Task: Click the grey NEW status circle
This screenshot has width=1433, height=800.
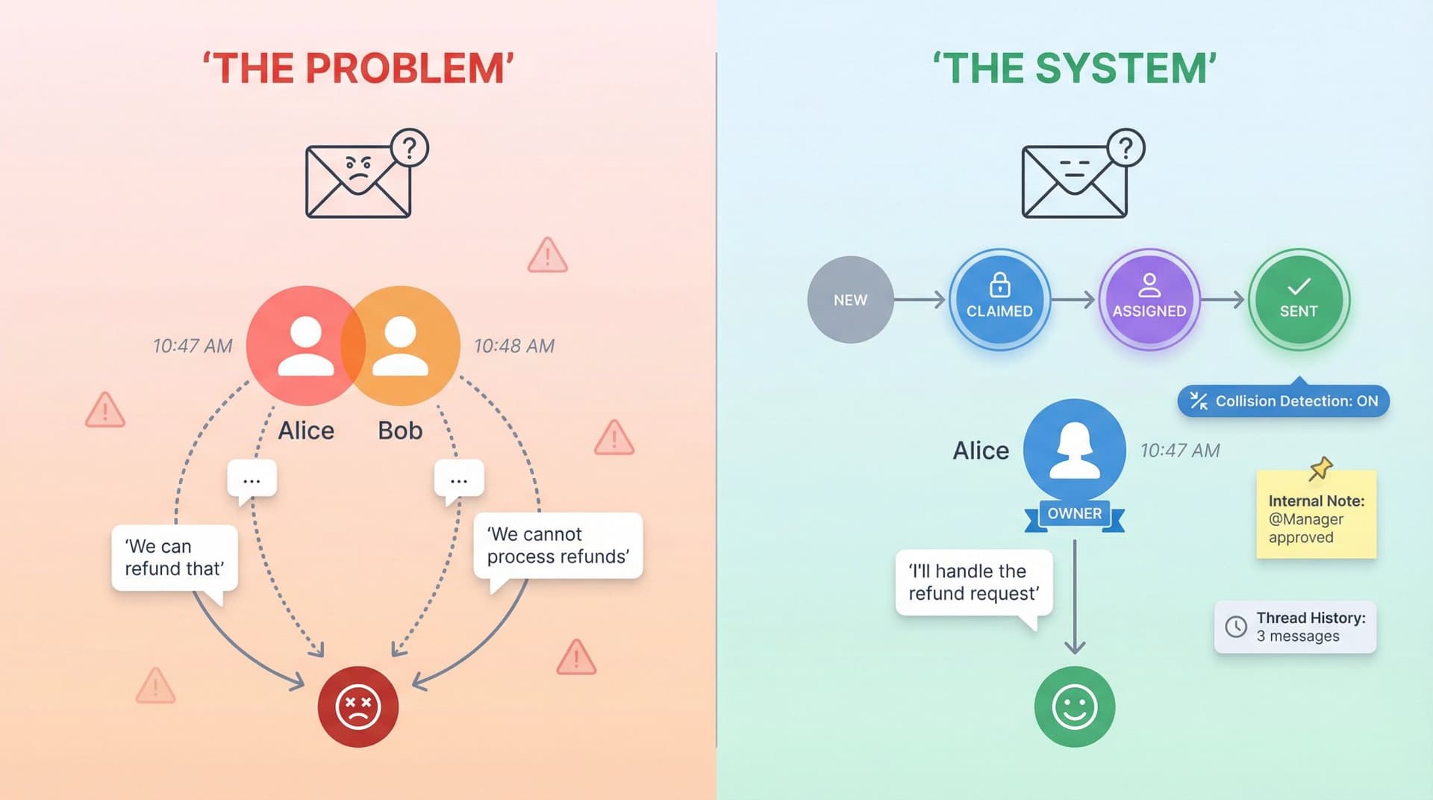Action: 850,300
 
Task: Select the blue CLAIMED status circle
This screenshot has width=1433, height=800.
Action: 999,300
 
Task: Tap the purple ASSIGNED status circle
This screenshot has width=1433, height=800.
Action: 1149,300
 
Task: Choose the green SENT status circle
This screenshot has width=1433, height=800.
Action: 1299,300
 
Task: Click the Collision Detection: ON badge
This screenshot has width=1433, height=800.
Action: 1284,401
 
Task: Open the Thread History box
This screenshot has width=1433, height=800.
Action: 1296,627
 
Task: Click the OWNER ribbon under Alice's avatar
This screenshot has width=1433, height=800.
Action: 1074,514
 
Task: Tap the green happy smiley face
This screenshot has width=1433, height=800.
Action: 1074,707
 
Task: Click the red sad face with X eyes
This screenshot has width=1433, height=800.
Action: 358,707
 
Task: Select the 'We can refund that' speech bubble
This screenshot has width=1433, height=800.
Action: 174,558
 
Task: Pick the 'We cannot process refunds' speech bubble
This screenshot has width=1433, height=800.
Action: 558,546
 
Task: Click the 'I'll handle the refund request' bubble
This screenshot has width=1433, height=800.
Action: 973,583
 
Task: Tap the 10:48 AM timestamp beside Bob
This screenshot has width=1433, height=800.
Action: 514,346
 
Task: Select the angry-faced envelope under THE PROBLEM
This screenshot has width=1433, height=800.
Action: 358,182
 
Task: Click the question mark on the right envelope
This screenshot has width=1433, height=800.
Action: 1126,148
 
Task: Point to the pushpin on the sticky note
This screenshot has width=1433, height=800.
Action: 1320,468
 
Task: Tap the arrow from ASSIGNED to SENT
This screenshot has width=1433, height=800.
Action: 1223,300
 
